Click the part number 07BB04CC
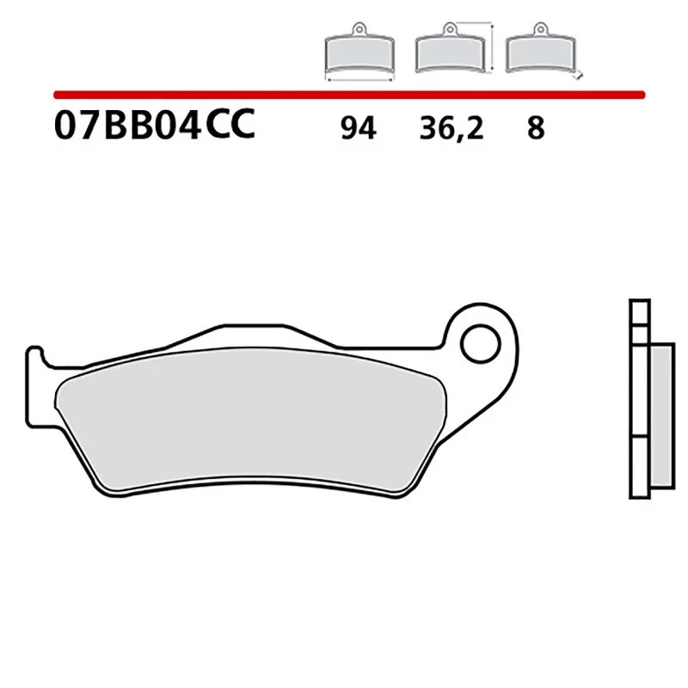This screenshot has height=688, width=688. [154, 127]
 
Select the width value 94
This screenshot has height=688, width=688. [358, 129]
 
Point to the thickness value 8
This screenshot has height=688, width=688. [535, 129]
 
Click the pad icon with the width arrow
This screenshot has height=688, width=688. [359, 54]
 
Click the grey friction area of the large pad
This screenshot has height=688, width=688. [249, 430]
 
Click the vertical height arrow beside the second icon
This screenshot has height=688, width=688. [492, 47]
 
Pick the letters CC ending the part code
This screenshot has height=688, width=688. [230, 127]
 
